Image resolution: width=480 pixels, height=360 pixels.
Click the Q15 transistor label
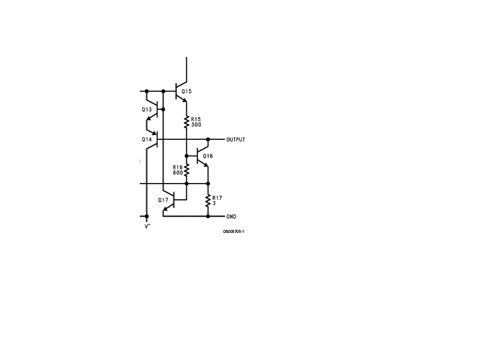[x=187, y=91]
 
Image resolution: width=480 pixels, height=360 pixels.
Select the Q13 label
[x=146, y=110]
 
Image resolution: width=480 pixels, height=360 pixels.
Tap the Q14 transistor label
[x=146, y=140]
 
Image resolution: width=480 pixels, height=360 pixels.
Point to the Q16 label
[x=208, y=156]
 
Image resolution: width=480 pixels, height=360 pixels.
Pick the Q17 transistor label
[x=163, y=200]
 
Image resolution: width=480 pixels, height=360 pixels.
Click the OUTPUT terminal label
[x=236, y=140]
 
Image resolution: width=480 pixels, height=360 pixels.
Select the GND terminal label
[x=231, y=217]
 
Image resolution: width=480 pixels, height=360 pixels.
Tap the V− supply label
[x=148, y=227]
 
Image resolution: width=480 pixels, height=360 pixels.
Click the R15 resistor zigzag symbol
[x=187, y=122]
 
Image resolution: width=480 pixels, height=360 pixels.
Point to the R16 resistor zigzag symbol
[x=187, y=170]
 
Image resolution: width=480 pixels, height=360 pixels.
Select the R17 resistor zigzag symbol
[x=208, y=201]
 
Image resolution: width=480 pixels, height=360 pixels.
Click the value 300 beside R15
[x=196, y=125]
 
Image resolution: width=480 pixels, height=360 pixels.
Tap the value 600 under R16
[x=178, y=173]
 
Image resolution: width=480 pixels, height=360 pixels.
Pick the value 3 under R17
[x=214, y=203]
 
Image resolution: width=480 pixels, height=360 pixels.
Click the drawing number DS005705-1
[x=233, y=232]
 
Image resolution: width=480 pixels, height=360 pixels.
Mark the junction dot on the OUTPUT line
[x=208, y=140]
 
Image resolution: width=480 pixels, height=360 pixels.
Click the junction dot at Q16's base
[x=187, y=156]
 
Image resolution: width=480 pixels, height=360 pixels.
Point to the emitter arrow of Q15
[x=184, y=100]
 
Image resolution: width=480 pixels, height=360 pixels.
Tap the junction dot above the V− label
[x=146, y=217]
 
